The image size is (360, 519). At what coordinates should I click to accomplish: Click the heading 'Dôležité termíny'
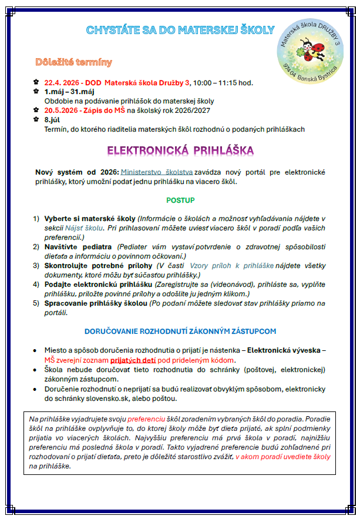[x=73, y=62]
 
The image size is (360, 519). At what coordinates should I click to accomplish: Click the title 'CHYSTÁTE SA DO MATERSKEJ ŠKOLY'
[x=180, y=29]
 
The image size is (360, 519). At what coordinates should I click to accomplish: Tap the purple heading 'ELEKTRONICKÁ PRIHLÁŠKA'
[x=180, y=150]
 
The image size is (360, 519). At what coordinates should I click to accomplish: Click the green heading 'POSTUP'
[x=180, y=200]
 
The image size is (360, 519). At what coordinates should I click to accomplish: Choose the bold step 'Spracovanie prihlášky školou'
[x=96, y=303]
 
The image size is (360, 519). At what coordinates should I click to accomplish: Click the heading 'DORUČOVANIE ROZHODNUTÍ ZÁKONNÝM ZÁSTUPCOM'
[x=180, y=332]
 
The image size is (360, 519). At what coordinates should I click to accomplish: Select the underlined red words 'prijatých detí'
[x=144, y=360]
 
